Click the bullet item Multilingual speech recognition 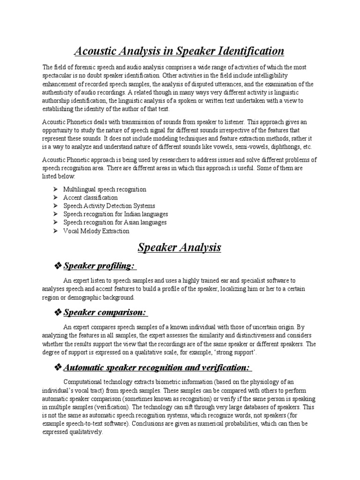point(105,189)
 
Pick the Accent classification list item point(90,198)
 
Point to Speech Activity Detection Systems point(109,206)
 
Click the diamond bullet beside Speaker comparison point(58,313)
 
